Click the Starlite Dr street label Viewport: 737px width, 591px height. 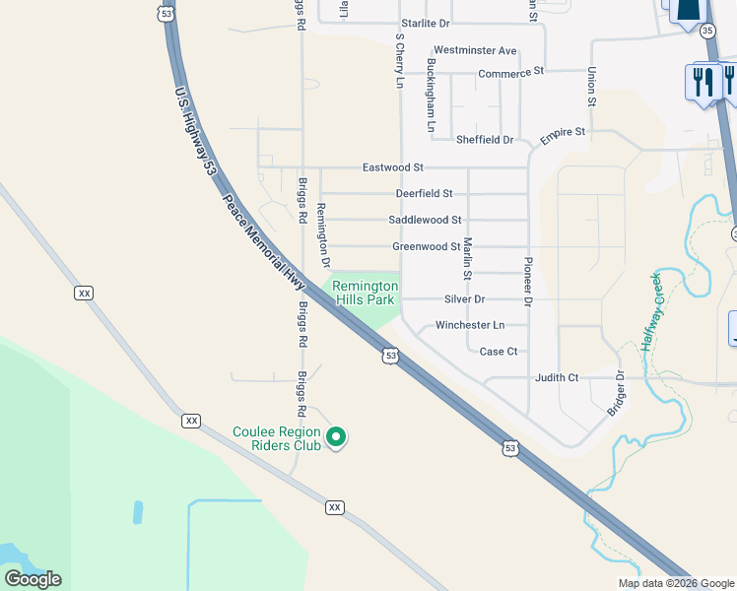(x=426, y=23)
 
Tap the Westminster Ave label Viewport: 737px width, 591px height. (x=475, y=50)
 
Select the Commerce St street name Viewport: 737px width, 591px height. (x=510, y=73)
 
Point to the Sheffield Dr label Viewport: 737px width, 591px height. (x=485, y=140)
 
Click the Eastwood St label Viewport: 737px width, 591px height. (x=392, y=168)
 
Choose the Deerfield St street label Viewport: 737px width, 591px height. (x=424, y=194)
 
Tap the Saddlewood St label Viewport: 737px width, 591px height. (x=425, y=220)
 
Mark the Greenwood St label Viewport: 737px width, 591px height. (x=426, y=246)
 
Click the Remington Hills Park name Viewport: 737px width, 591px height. (x=365, y=293)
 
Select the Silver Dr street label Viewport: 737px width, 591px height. (x=465, y=298)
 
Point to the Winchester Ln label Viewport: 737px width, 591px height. (x=470, y=325)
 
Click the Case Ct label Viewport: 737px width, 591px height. (x=498, y=352)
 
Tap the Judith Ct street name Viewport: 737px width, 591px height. (x=557, y=377)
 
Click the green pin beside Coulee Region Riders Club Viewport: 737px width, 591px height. (x=335, y=436)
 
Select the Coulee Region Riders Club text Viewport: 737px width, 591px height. (x=277, y=438)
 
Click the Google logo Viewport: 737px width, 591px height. (x=33, y=579)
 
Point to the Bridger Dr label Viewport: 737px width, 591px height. (x=616, y=393)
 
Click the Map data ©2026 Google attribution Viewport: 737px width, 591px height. (x=676, y=583)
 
